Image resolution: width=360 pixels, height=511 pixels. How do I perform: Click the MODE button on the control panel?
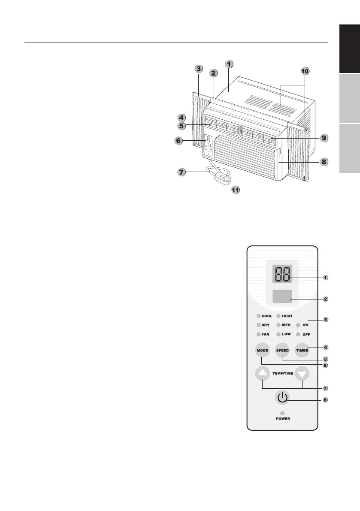coord(262,351)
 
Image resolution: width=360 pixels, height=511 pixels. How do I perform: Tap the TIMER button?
coord(302,351)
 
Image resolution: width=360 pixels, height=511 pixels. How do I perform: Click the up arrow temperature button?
coord(263,374)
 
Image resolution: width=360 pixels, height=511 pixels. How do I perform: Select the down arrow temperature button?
coord(302,374)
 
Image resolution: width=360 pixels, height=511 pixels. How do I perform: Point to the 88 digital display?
coord(282,274)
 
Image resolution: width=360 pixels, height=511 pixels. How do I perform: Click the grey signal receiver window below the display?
coord(282,296)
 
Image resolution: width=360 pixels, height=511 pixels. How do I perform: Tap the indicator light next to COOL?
coord(258,316)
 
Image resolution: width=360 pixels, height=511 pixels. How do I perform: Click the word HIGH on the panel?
coord(287,316)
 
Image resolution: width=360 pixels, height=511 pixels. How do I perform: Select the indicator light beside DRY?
coord(258,325)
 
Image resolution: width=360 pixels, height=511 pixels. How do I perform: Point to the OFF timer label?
coord(306,334)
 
